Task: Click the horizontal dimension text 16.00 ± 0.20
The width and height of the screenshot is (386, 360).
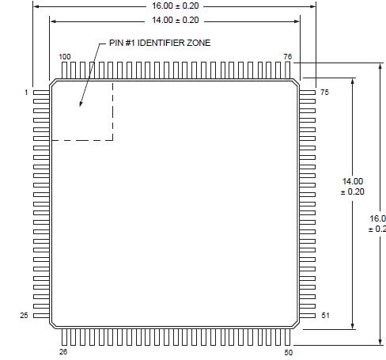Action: click(x=176, y=6)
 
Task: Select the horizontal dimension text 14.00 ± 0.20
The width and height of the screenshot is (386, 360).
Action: click(x=176, y=19)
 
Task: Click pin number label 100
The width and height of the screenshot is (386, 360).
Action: click(x=65, y=57)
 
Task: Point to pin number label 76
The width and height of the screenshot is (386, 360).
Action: click(x=288, y=57)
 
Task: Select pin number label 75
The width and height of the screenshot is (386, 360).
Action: click(x=324, y=93)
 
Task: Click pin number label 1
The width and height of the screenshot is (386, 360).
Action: click(x=26, y=93)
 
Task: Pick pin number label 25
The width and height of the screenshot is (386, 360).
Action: click(x=24, y=316)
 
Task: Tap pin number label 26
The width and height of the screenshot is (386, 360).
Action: click(x=63, y=351)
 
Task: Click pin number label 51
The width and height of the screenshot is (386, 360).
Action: click(x=324, y=316)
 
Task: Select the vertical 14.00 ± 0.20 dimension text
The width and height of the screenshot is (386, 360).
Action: click(x=352, y=186)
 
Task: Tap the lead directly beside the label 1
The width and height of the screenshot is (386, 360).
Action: click(x=41, y=93)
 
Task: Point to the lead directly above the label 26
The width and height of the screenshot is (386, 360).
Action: click(x=63, y=336)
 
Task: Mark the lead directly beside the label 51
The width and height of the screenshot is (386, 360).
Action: click(x=308, y=316)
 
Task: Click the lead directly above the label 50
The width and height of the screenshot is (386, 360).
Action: click(x=288, y=336)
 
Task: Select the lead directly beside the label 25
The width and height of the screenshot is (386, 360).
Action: click(x=41, y=316)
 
